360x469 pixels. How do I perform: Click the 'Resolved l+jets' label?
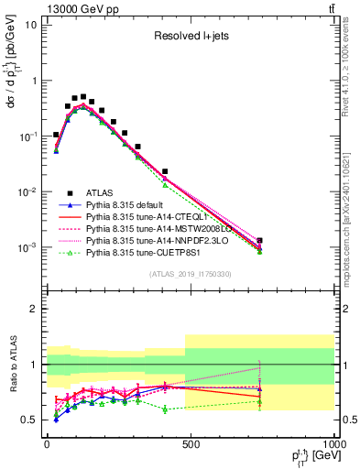[190, 37]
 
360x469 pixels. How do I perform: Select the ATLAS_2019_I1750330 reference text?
[191, 274]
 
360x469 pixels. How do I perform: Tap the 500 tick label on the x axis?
[190, 444]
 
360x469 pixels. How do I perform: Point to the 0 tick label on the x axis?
[47, 444]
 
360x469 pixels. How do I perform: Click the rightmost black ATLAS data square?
[260, 241]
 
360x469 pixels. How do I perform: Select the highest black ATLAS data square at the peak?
[83, 96]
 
